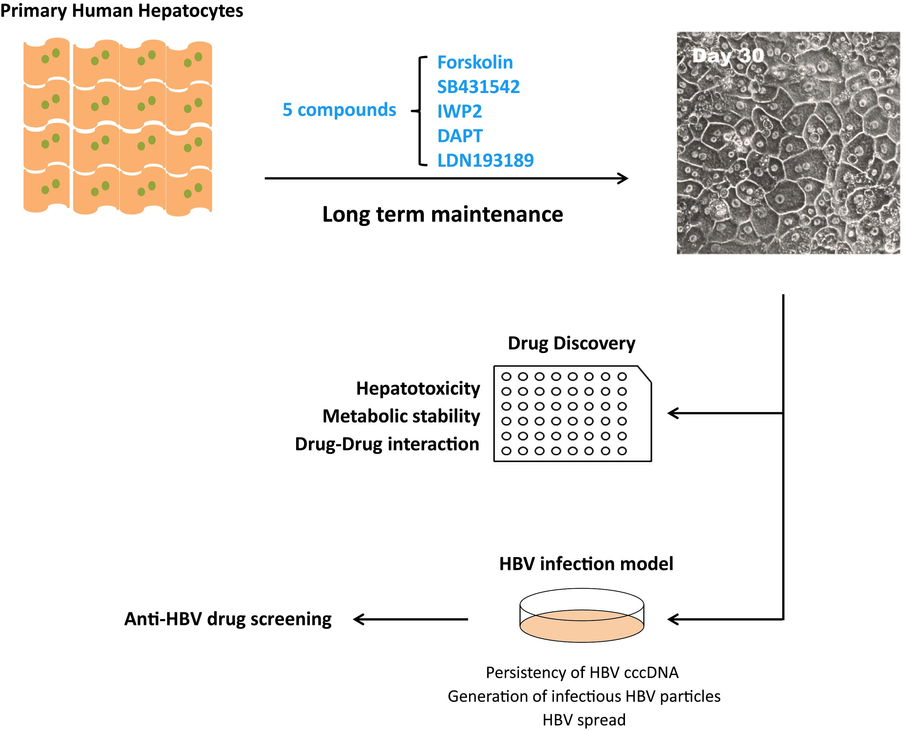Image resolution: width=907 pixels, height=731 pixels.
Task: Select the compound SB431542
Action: pos(478,87)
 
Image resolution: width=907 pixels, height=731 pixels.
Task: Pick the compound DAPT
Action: pos(460,136)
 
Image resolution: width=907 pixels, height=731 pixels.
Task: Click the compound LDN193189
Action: pos(485,160)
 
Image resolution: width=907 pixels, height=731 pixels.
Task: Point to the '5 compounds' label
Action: pos(339,110)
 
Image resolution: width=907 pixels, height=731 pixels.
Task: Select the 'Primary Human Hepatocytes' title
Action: pos(122,10)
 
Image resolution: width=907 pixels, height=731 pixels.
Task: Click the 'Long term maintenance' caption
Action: pos(443,214)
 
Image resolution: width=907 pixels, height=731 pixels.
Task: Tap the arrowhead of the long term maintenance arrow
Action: pos(624,178)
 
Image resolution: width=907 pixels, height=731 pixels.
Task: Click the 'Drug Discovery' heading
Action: pos(571,343)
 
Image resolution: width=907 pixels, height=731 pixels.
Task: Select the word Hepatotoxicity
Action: pos(418,388)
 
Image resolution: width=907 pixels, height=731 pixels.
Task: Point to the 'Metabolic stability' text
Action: pos(401,416)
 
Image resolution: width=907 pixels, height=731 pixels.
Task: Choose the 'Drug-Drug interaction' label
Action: pos(387,444)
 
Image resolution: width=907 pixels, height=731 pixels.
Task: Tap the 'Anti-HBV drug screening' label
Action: pos(228,619)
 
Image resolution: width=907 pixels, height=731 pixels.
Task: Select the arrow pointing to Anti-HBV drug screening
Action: pos(410,619)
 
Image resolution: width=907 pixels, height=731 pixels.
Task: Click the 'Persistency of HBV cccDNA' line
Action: pos(582,672)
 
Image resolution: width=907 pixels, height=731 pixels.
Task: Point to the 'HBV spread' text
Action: pos(584,720)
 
